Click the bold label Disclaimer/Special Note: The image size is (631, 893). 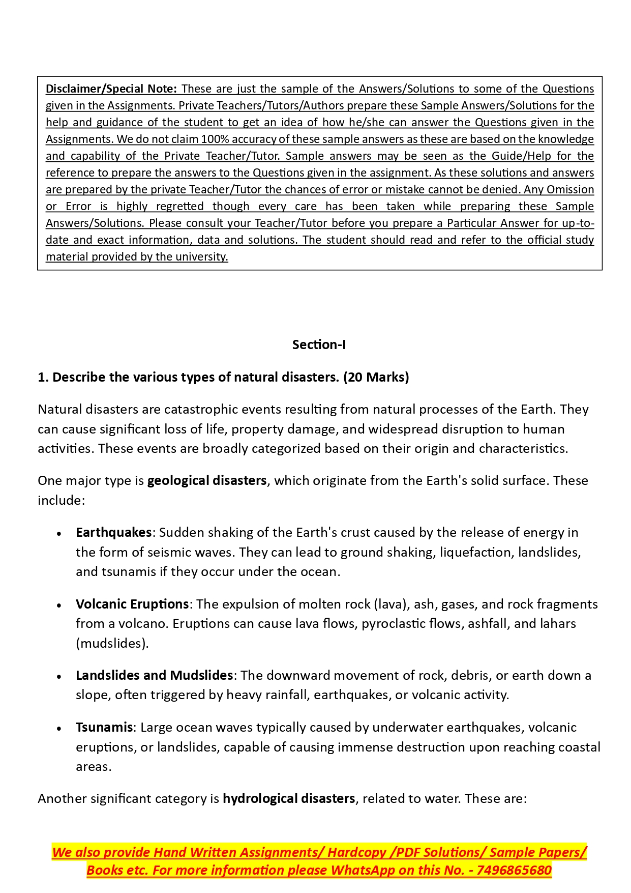click(111, 89)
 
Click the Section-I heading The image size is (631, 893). click(319, 344)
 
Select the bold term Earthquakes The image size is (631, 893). click(113, 532)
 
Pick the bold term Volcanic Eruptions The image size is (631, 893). click(132, 604)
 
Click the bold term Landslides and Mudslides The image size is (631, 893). click(154, 675)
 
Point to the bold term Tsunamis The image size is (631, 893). click(104, 727)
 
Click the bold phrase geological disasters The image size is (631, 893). click(206, 480)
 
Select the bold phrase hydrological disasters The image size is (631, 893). click(288, 798)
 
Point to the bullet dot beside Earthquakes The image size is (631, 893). click(59, 534)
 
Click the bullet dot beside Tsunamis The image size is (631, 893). click(59, 729)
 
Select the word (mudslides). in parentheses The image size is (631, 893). click(112, 643)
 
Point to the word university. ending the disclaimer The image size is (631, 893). click(201, 256)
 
